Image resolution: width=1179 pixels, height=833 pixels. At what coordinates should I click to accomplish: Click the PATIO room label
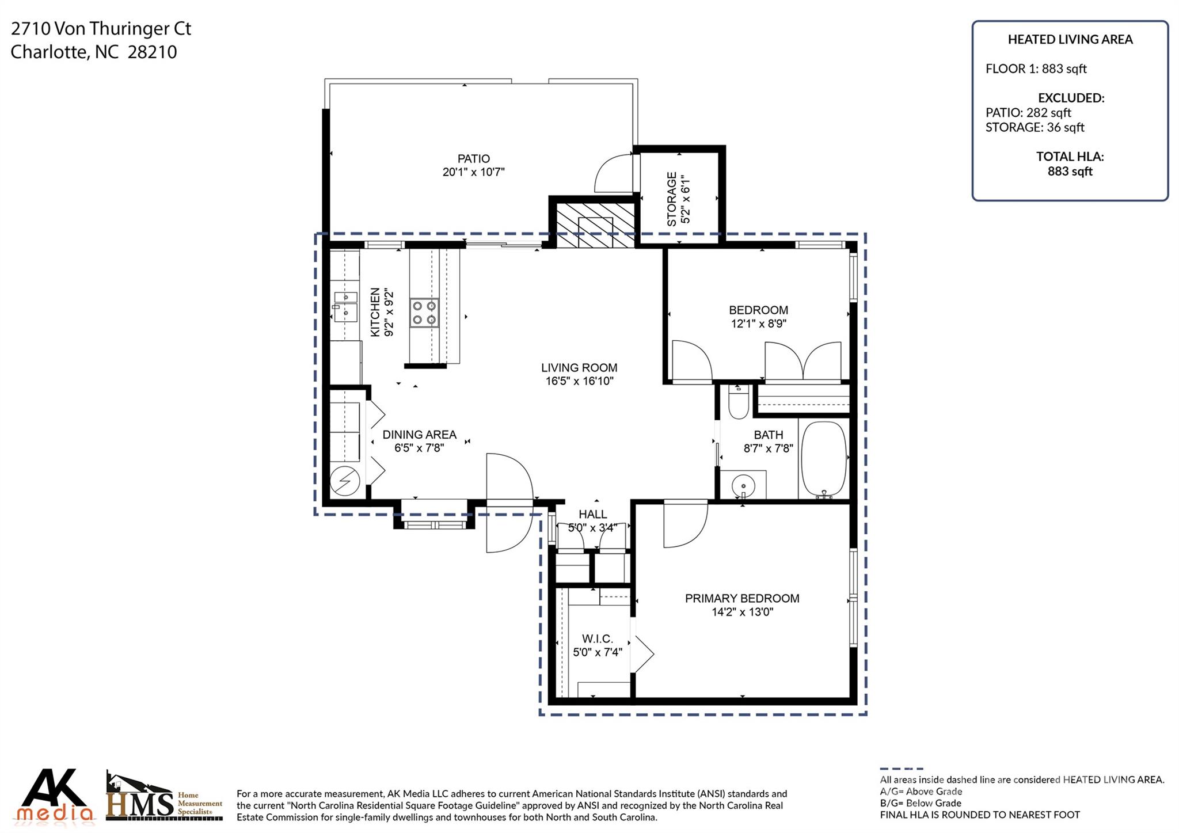tap(474, 158)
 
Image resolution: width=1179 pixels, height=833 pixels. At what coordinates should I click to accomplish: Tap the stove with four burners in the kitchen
tap(424, 313)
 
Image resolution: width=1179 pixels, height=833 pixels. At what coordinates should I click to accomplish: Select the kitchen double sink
tap(345, 306)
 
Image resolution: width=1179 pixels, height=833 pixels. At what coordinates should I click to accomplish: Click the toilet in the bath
tap(738, 401)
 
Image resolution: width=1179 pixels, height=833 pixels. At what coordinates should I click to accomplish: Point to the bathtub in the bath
tap(824, 459)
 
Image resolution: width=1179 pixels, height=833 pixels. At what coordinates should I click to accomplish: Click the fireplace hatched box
tap(596, 225)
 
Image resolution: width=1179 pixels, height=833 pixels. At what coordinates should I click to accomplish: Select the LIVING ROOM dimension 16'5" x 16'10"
tap(580, 381)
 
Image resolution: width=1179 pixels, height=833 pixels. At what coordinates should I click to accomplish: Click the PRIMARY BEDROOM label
tap(742, 598)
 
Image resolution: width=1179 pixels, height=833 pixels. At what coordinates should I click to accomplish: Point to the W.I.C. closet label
tap(598, 638)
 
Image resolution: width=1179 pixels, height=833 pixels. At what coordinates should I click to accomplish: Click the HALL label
tap(593, 514)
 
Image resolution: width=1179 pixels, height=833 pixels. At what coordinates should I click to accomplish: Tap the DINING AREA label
tap(419, 435)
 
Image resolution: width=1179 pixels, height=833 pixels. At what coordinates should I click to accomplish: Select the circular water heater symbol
tap(345, 481)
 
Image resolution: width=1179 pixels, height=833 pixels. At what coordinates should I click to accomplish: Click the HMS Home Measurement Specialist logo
tap(164, 797)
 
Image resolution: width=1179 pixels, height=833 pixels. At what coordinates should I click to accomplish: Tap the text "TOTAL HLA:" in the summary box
tap(1070, 156)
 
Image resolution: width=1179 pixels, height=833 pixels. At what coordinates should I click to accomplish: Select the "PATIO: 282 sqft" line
tap(1028, 113)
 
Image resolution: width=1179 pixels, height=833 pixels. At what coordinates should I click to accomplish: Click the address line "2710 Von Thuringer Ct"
tap(101, 29)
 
